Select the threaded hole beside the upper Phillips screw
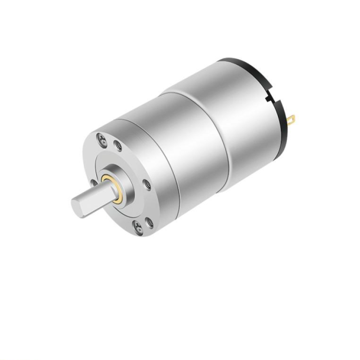tap(118, 146)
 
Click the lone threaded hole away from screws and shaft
tap(147, 183)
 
